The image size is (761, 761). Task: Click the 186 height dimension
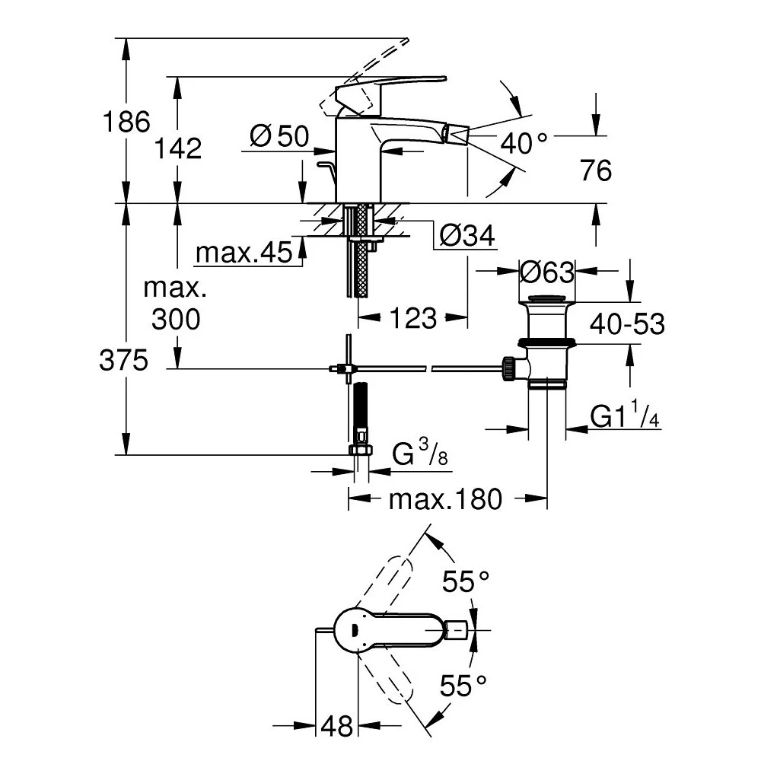click(127, 121)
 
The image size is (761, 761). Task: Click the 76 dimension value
click(595, 171)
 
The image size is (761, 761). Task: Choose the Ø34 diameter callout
click(467, 237)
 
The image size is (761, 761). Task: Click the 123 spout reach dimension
click(413, 317)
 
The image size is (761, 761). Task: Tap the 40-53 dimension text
click(627, 324)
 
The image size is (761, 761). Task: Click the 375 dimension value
click(123, 361)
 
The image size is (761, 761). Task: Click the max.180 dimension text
click(445, 499)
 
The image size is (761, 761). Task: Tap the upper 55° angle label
click(466, 584)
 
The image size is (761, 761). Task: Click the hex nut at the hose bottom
click(361, 450)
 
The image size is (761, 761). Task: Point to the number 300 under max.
click(176, 319)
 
